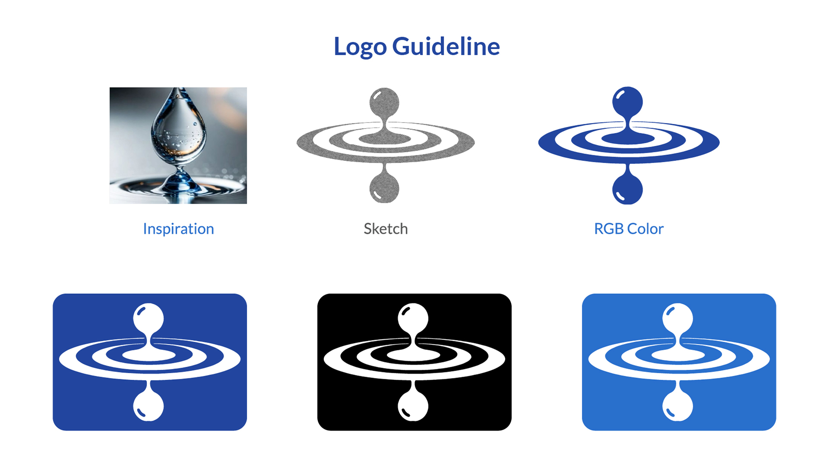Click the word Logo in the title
point(360,47)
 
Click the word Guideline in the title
point(446,46)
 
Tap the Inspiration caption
point(178,229)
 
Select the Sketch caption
point(386,229)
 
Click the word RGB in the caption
point(609,229)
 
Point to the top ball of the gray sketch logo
point(384,103)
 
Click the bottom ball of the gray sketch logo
point(384,188)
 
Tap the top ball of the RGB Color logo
point(628,102)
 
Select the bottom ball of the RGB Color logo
point(628,189)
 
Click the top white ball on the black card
point(413,318)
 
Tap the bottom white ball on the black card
point(413,406)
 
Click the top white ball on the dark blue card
point(149,318)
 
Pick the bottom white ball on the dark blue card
point(149,406)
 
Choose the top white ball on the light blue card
point(678,318)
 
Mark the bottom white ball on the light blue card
point(678,406)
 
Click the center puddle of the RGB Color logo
point(628,139)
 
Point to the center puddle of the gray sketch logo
point(385,139)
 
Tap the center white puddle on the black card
point(414,355)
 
